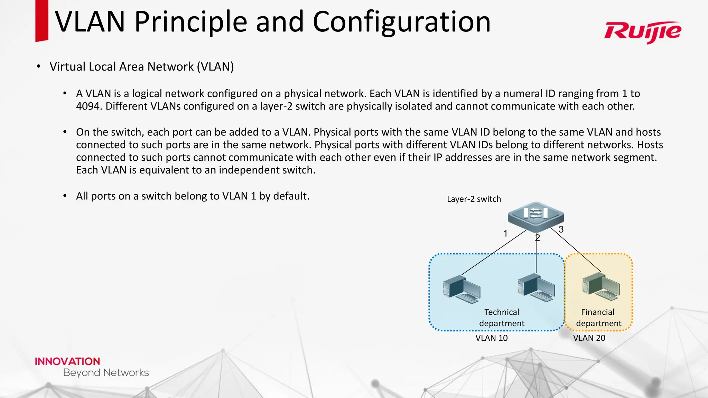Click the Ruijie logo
point(642,32)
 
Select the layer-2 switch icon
point(535,217)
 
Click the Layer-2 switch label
point(474,199)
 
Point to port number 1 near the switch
point(505,234)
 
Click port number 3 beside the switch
point(561,229)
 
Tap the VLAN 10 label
point(491,338)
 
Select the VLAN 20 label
point(589,338)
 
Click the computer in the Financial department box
point(601,286)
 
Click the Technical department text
point(502,318)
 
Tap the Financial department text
point(598,318)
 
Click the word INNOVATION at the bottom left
point(67,361)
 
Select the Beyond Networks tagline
point(106,373)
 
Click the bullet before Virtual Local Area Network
point(39,66)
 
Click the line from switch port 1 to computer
point(494,253)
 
